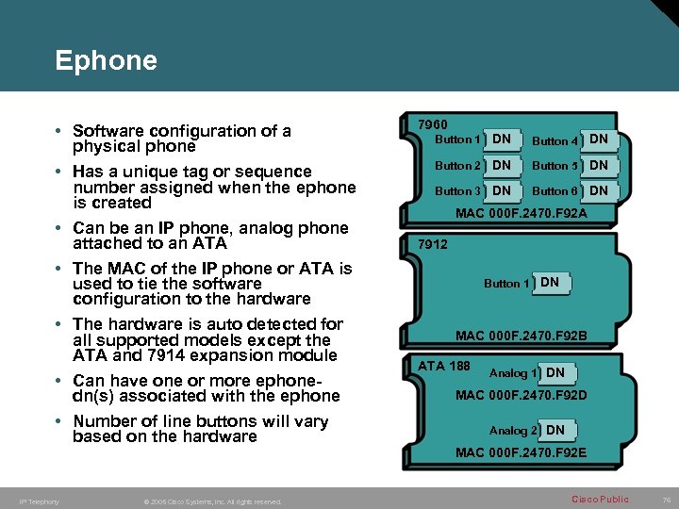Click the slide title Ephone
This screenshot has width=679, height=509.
pos(106,61)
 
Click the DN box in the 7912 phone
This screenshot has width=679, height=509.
pos(550,282)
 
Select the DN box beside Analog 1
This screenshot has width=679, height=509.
pos(555,373)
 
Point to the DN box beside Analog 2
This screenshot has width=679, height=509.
pos(555,430)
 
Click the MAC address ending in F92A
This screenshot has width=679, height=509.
pos(521,213)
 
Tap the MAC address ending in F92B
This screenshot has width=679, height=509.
pos(521,336)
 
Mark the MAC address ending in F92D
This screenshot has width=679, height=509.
pos(521,395)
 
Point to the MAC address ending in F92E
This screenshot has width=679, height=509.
pos(521,452)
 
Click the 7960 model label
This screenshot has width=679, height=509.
pos(433,124)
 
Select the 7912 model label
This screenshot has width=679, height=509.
pos(433,244)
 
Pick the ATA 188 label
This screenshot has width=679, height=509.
pos(444,366)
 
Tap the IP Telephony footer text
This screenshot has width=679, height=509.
pos(40,501)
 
